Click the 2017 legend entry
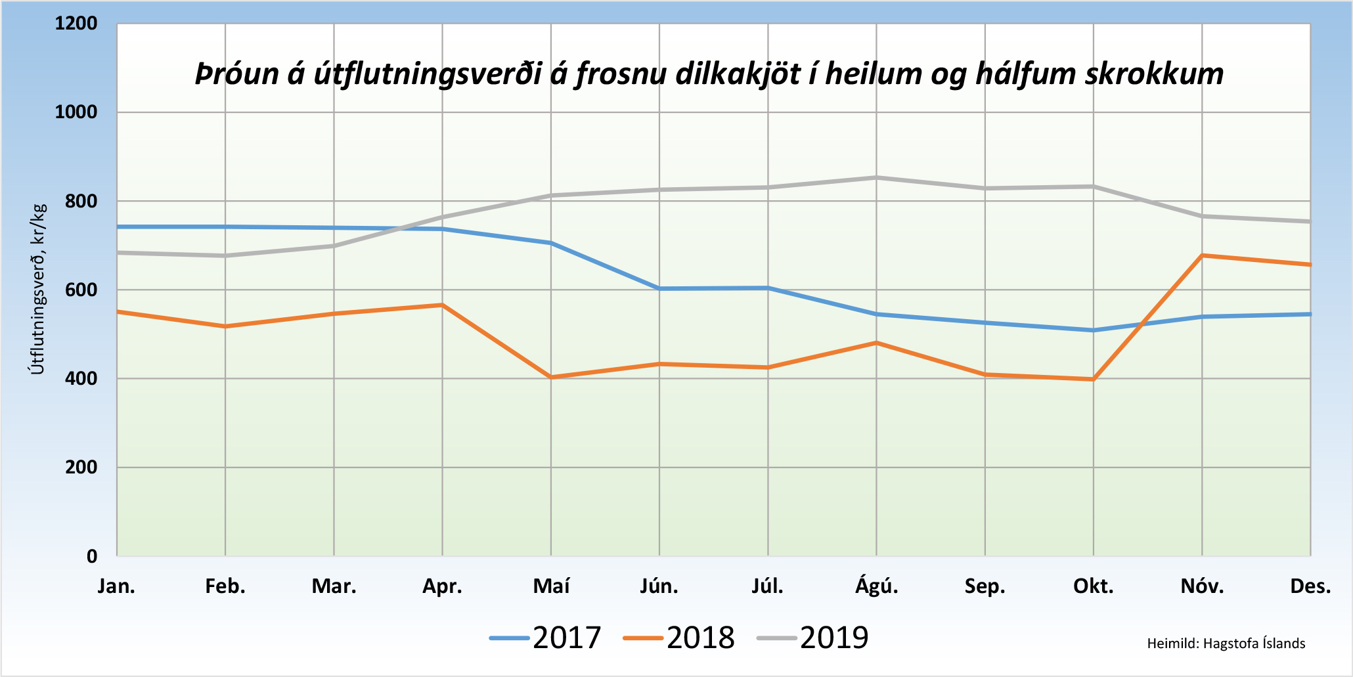[x=546, y=638]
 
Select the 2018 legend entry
[x=679, y=638]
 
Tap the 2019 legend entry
[x=813, y=638]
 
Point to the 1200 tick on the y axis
[x=76, y=24]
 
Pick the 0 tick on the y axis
[x=92, y=556]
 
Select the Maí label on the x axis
[x=551, y=586]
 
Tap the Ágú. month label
[x=877, y=586]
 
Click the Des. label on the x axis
[x=1310, y=586]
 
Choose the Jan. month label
[x=116, y=586]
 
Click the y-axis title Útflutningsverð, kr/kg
[x=38, y=289]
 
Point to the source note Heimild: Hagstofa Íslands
[x=1226, y=644]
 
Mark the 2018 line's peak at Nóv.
[x=1202, y=255]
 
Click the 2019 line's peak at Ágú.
[x=877, y=177]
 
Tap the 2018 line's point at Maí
[x=551, y=378]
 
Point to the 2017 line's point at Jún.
[x=659, y=288]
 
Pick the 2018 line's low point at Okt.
[x=1094, y=380]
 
